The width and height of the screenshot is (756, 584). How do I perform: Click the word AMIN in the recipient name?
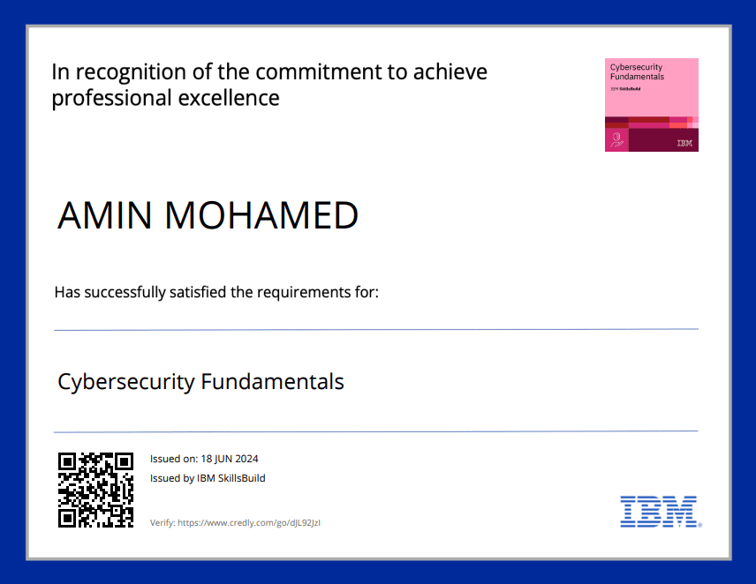[x=104, y=215]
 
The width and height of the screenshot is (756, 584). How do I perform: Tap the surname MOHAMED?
[x=261, y=215]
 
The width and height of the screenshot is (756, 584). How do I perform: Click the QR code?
[x=95, y=490]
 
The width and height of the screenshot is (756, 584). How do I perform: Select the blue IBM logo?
[x=661, y=512]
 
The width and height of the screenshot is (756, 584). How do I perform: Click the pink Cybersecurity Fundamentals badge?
[x=652, y=105]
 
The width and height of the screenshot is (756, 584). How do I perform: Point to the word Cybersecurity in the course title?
[x=126, y=382]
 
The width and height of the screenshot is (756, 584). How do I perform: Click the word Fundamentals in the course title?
[x=272, y=381]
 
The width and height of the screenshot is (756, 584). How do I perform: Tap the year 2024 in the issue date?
[x=247, y=459]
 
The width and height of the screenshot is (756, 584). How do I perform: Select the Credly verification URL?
[x=249, y=523]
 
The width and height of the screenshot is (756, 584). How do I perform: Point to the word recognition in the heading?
[x=131, y=72]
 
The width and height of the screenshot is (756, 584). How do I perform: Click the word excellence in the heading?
[x=229, y=98]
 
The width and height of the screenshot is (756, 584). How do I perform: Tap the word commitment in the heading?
[x=319, y=71]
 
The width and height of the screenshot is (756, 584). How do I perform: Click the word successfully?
[x=125, y=293]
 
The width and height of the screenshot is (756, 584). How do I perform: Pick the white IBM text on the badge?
[x=684, y=143]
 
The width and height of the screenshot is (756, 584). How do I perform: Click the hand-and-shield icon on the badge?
[x=616, y=140]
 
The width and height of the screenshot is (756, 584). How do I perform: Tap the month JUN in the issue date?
[x=223, y=459]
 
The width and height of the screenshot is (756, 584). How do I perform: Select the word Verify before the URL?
[x=163, y=523]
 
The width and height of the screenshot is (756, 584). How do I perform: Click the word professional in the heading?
[x=112, y=99]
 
